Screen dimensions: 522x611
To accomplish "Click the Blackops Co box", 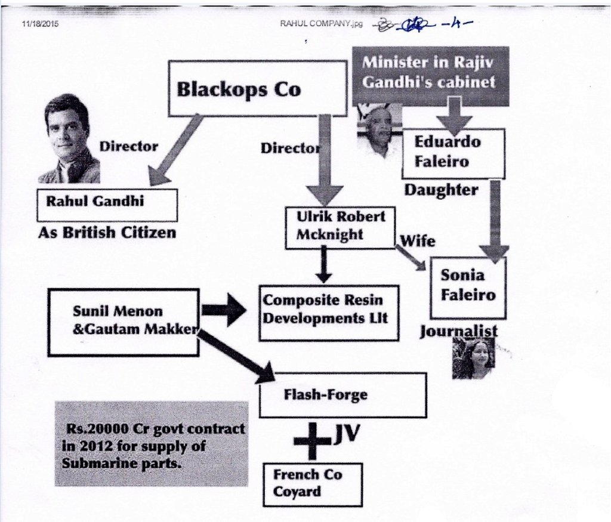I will (x=257, y=88).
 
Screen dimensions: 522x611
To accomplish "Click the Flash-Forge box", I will (x=342, y=395).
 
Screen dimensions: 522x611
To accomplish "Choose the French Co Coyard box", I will (x=313, y=484).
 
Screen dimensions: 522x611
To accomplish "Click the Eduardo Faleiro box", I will (x=453, y=153).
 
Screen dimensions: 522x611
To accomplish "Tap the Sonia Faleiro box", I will (x=468, y=288).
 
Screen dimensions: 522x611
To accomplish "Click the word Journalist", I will (x=458, y=331).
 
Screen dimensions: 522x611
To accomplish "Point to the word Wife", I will (x=417, y=240).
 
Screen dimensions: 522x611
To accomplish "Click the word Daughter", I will (x=441, y=190).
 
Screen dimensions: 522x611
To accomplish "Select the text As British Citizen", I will (x=107, y=232).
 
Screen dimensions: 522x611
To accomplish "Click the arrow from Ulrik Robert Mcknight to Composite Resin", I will (x=323, y=264).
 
